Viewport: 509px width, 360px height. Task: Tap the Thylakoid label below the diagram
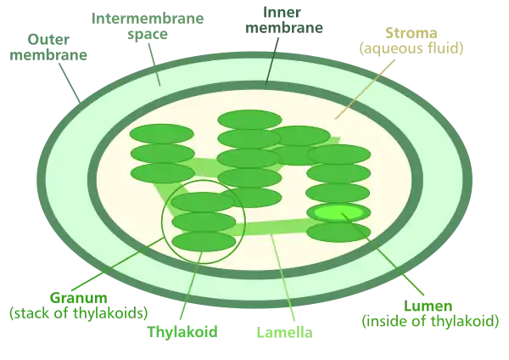(183, 331)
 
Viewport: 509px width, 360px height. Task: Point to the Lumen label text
(429, 313)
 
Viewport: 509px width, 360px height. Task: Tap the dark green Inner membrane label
(285, 20)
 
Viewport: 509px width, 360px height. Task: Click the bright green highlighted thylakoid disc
(338, 212)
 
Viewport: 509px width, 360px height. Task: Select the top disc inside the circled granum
(204, 202)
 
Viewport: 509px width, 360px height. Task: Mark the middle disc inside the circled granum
(204, 222)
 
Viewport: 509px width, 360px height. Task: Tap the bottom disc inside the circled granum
(204, 241)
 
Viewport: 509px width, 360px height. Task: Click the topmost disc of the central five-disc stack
(249, 120)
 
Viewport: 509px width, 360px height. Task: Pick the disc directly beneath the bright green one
(338, 232)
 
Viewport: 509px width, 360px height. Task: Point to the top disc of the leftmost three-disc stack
(162, 134)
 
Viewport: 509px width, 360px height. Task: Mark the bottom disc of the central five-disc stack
(249, 197)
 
